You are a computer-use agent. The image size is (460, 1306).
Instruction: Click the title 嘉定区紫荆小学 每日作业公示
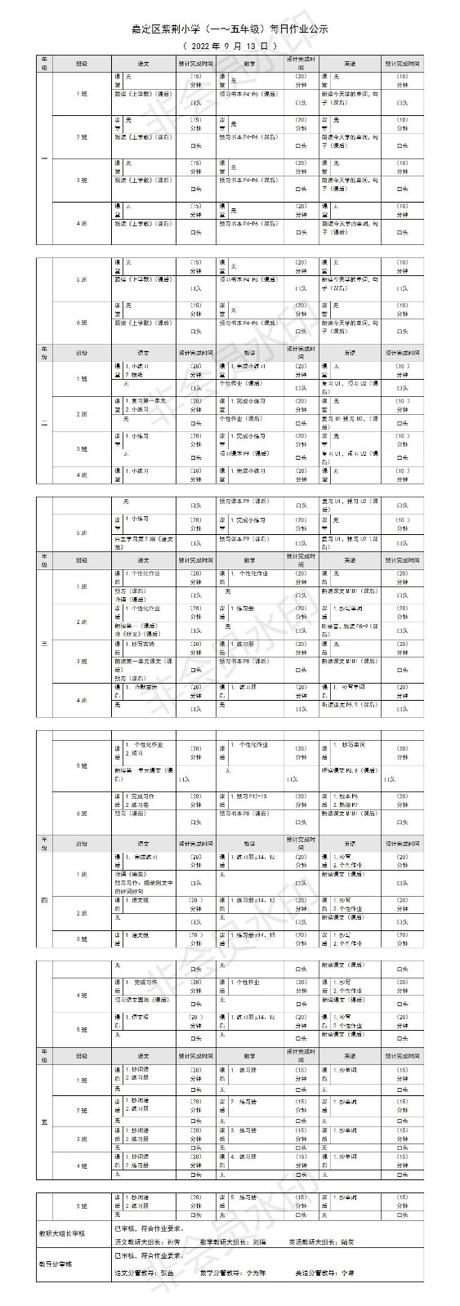pyautogui.click(x=230, y=29)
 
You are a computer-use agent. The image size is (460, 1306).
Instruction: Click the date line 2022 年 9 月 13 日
pyautogui.click(x=230, y=46)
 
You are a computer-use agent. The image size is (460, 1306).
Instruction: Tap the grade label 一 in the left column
pyautogui.click(x=45, y=156)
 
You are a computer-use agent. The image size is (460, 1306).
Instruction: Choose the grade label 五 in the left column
pyautogui.click(x=45, y=1121)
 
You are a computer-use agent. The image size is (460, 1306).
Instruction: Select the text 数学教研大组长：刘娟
pyautogui.click(x=244, y=1241)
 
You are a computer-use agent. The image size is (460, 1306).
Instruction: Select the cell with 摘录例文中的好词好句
pyautogui.click(x=144, y=885)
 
